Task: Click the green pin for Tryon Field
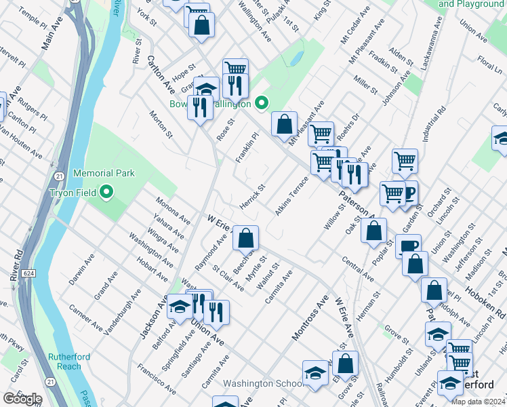[106, 193]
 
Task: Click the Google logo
[23, 399]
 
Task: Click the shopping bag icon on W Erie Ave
[247, 237]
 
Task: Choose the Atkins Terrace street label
[291, 196]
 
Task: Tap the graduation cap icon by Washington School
[315, 373]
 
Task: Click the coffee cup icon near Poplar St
[408, 247]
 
